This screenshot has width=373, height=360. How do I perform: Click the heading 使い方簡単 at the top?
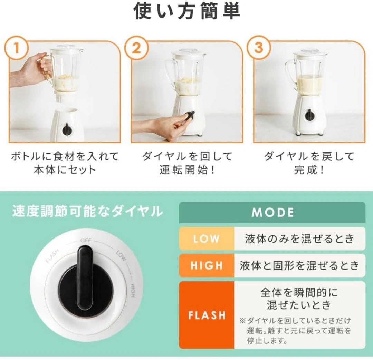coord(187,11)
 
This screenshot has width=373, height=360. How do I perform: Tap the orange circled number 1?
coord(16,49)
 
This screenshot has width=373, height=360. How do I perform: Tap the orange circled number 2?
coord(136,49)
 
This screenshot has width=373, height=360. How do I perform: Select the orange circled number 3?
coord(259,48)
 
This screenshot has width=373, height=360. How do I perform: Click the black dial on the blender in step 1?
coord(67,129)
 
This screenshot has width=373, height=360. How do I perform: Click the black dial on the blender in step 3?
coord(309,115)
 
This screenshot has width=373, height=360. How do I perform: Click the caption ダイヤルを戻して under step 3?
coord(309,156)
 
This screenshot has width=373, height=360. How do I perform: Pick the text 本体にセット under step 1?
coord(65,170)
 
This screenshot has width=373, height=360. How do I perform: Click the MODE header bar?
coord(272,213)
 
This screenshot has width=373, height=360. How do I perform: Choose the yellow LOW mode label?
coord(207,239)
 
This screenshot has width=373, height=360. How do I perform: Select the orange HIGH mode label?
coord(207,265)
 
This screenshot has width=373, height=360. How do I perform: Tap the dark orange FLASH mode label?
coord(207,315)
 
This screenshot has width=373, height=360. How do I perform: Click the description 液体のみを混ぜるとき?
coord(299,239)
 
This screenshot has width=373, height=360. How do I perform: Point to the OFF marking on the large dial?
coord(86,240)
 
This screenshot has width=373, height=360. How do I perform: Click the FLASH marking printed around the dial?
coord(52,256)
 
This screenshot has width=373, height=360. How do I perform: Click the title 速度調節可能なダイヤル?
coord(87,211)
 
